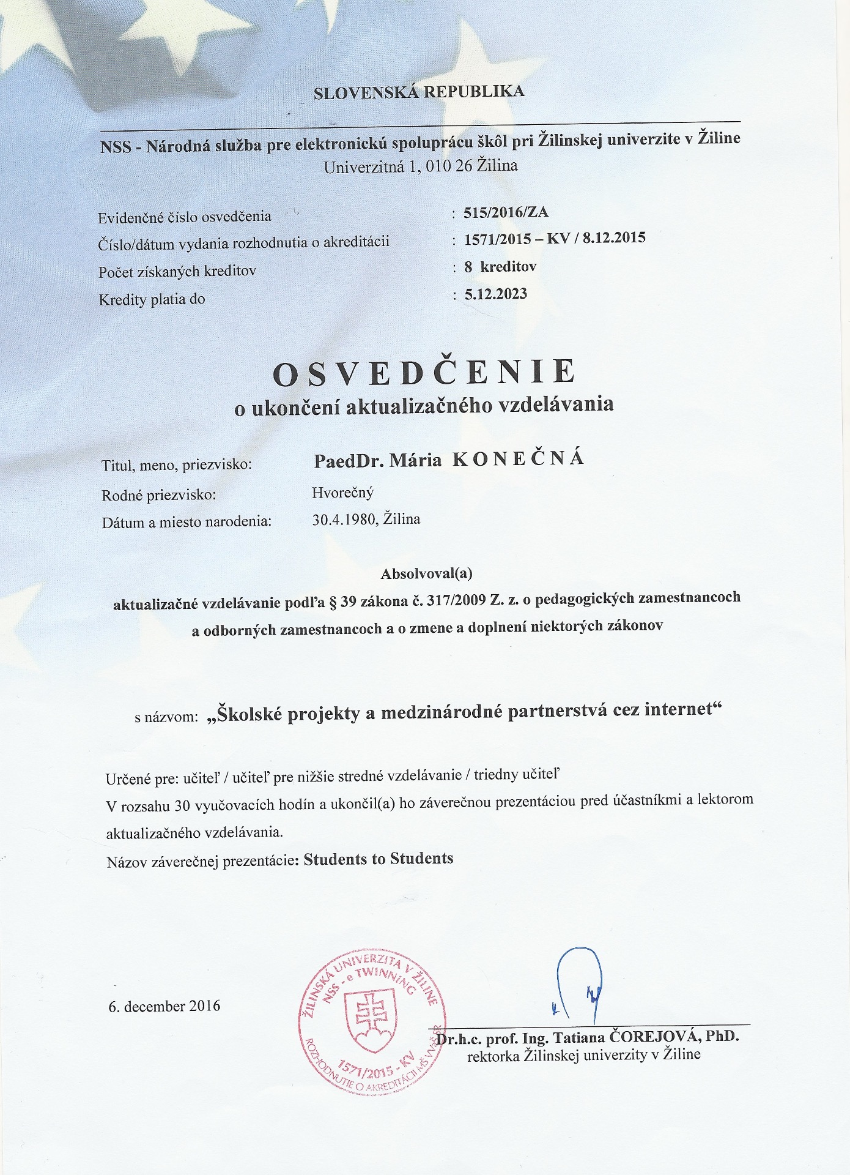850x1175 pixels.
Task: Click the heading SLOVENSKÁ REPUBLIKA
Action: click(x=419, y=92)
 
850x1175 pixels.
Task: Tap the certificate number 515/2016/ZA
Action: click(x=506, y=212)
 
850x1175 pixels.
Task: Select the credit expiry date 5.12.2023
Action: click(x=495, y=294)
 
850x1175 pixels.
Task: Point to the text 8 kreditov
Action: click(x=500, y=267)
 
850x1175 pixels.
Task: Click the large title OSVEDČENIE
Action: click(x=424, y=372)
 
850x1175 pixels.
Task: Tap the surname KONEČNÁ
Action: click(x=518, y=459)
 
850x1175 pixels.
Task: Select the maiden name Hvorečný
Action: click(x=342, y=492)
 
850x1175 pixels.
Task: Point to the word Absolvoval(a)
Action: click(x=426, y=574)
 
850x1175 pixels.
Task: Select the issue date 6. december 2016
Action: click(x=164, y=1006)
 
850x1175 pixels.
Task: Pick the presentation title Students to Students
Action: click(x=379, y=859)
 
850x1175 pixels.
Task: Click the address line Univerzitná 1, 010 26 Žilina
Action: click(x=421, y=166)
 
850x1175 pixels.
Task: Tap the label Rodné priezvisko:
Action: click(x=159, y=494)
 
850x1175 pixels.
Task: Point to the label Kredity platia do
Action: click(x=152, y=300)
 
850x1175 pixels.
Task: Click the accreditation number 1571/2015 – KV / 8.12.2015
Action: click(x=555, y=239)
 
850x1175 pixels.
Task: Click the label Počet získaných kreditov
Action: click(x=177, y=271)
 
